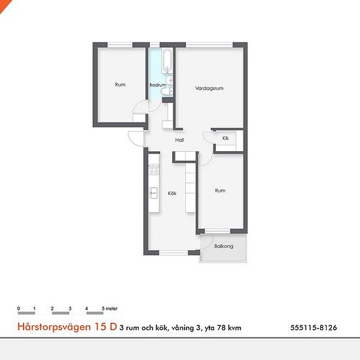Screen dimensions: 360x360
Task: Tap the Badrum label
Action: (x=157, y=85)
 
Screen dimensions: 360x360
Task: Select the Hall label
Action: (x=179, y=140)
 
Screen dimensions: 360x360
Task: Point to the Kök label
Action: (x=172, y=193)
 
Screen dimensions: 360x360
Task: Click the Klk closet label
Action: (x=225, y=138)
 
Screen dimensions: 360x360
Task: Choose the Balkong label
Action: (x=223, y=246)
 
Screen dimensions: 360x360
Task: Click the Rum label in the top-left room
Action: (x=120, y=84)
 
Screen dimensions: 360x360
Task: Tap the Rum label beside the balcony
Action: (x=220, y=190)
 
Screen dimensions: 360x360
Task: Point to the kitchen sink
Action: (x=154, y=192)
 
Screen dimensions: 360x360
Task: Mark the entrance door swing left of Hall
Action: (x=135, y=139)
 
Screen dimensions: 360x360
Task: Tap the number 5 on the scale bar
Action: (x=103, y=308)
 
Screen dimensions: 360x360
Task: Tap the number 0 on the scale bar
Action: (x=19, y=308)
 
